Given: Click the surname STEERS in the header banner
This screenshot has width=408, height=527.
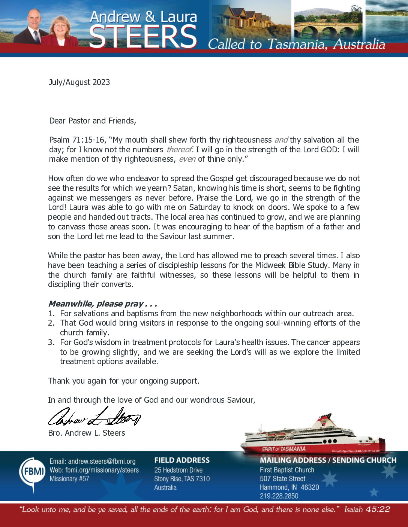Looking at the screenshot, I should click(x=143, y=37).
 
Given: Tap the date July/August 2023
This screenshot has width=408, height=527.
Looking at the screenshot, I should click(x=79, y=82).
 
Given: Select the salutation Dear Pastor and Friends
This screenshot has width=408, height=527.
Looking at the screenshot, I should click(x=92, y=121).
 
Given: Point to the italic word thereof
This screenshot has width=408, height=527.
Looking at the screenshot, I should click(x=180, y=150).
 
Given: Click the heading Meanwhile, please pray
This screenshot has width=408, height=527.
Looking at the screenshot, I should click(x=102, y=304).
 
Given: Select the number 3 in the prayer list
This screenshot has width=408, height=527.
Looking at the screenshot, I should click(x=51, y=342).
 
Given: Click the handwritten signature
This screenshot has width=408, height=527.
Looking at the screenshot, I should click(x=94, y=417).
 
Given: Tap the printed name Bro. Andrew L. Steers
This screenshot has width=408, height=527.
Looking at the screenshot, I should click(x=87, y=433).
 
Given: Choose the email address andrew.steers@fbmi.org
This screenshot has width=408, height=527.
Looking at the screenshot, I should click(x=92, y=461).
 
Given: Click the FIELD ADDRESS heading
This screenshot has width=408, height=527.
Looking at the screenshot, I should click(x=182, y=460).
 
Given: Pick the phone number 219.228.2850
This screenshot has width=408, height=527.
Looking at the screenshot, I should click(x=279, y=496).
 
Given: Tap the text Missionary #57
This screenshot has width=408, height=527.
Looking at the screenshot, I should click(x=69, y=479).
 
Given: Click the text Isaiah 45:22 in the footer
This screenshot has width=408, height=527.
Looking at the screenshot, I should click(x=367, y=510).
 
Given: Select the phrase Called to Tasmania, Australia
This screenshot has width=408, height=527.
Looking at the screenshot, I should click(x=296, y=44).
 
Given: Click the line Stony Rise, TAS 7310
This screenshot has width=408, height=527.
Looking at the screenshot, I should click(x=182, y=479).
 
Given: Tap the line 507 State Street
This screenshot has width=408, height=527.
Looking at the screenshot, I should click(x=282, y=479).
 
